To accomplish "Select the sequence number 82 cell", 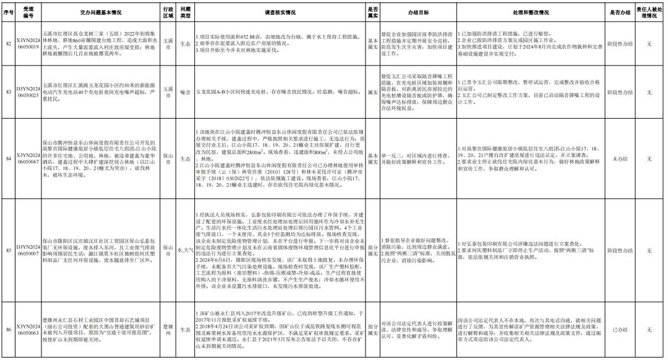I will [x=9, y=44].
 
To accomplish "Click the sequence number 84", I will [x=9, y=158].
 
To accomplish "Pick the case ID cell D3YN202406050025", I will [x=28, y=92].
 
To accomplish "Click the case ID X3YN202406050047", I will [x=28, y=158].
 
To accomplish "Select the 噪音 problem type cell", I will [x=185, y=92].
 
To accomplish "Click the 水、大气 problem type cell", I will [x=185, y=251].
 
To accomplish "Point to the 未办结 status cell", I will [x=619, y=158].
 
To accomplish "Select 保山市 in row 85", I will [x=168, y=251].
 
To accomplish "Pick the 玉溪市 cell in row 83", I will [x=168, y=92].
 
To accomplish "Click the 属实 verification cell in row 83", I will [x=372, y=92].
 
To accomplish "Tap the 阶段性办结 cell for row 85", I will [x=619, y=251].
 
